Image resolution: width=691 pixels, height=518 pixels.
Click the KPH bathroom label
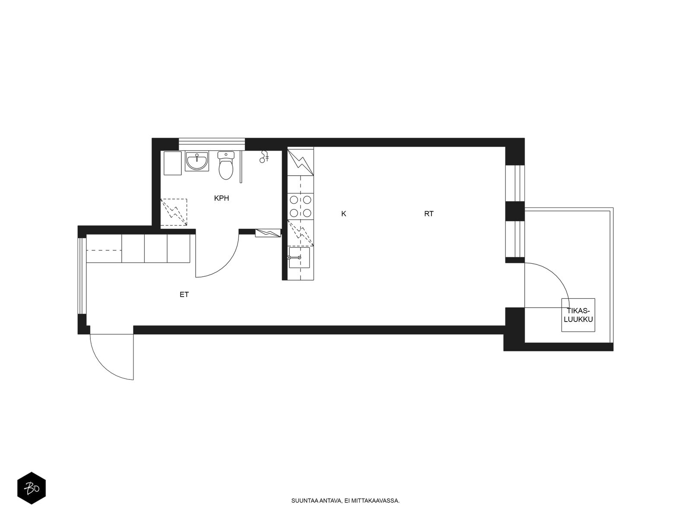(x=221, y=198)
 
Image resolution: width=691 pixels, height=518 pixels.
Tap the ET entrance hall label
(x=184, y=294)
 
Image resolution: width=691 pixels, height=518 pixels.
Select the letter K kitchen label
(x=343, y=214)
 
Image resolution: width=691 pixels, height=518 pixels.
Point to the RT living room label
(x=429, y=214)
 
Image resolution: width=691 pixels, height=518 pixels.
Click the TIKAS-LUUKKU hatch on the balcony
(x=578, y=315)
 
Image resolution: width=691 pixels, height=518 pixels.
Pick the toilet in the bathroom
(x=226, y=165)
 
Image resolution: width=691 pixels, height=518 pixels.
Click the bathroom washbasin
(x=197, y=161)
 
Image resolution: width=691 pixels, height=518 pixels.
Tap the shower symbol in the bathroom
(x=264, y=157)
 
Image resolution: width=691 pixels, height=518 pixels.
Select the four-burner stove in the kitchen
(x=301, y=206)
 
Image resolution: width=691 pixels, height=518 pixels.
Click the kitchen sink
(x=299, y=258)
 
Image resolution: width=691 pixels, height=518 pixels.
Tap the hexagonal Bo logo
(x=32, y=488)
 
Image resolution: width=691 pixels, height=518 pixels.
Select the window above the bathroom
(x=212, y=144)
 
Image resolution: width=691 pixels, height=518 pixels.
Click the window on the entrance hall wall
(x=82, y=276)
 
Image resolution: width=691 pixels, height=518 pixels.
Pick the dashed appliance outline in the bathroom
(x=174, y=212)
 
